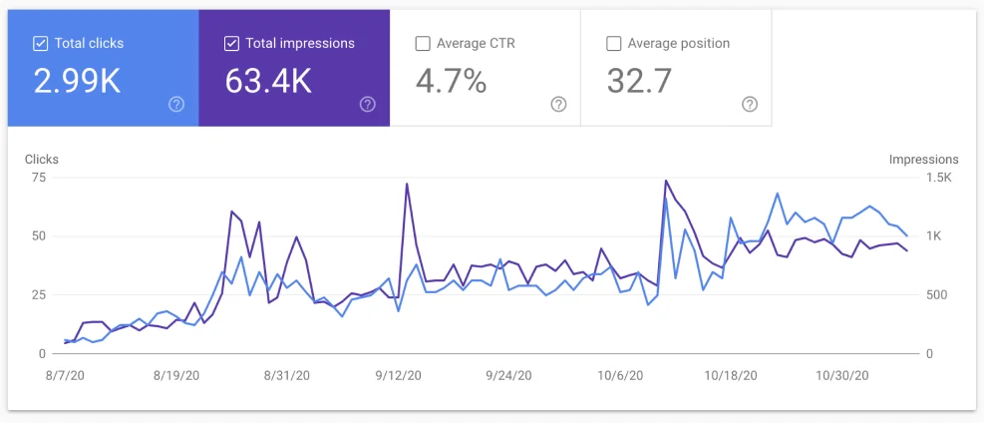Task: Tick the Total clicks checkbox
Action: click(x=40, y=43)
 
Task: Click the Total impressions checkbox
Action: click(x=231, y=43)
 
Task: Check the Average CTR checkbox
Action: click(x=422, y=43)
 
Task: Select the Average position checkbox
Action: click(x=614, y=43)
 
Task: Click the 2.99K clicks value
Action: click(x=77, y=81)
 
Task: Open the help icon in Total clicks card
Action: click(x=176, y=104)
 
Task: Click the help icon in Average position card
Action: click(x=750, y=104)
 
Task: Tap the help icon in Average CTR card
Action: click(x=558, y=104)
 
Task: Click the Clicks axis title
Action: click(x=42, y=160)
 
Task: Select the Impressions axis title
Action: click(x=923, y=160)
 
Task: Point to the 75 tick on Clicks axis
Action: click(x=39, y=178)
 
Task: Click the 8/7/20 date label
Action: click(x=65, y=376)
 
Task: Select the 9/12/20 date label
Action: click(x=398, y=376)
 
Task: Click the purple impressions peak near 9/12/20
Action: click(x=407, y=184)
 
